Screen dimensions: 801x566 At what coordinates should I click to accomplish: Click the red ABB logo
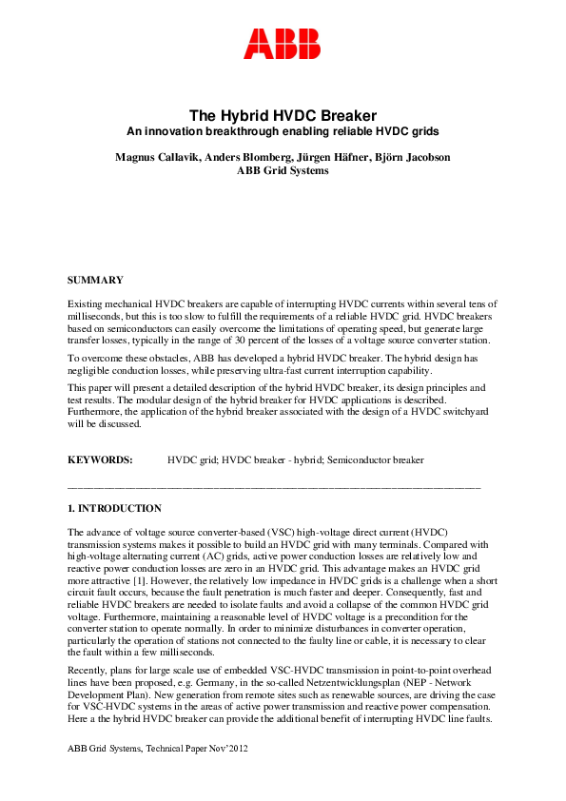[x=283, y=44]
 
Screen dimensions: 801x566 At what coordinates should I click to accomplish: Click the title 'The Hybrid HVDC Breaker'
[x=283, y=114]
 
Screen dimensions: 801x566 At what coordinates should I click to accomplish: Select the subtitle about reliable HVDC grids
[x=283, y=130]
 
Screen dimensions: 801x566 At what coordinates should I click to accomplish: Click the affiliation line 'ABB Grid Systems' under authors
[x=283, y=170]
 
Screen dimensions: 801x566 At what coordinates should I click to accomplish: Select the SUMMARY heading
[x=95, y=280]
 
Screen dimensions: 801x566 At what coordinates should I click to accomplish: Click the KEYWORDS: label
[x=100, y=459]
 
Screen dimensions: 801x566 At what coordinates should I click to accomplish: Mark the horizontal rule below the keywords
[x=274, y=486]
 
